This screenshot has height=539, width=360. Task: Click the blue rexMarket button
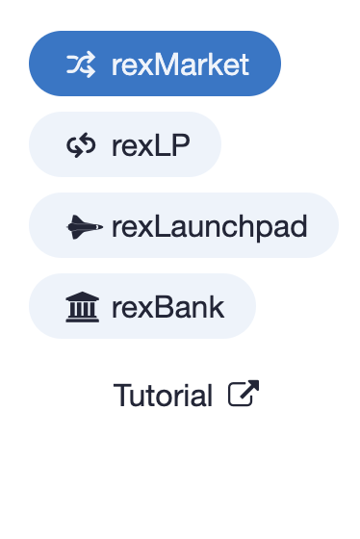coord(154,64)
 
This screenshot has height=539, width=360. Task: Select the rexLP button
coord(125,145)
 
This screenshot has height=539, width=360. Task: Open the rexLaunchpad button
coord(184,226)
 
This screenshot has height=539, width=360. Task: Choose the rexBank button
coord(142,307)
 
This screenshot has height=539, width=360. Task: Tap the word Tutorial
coord(163,395)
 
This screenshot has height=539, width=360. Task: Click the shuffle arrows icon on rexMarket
coord(80,64)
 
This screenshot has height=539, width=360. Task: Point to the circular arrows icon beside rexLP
coord(80,145)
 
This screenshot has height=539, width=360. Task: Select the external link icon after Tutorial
coord(244,394)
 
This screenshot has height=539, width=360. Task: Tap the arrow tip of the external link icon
coord(255,385)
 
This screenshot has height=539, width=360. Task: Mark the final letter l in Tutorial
coord(209,395)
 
